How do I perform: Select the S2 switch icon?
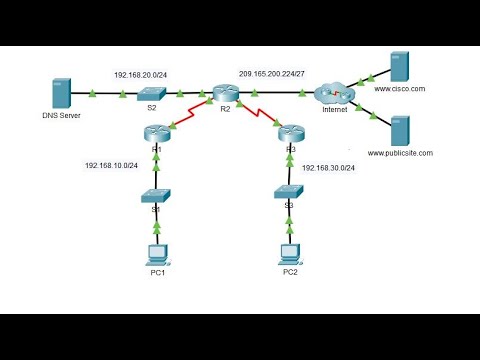pyautogui.click(x=153, y=96)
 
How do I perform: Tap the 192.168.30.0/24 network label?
pyautogui.click(x=329, y=167)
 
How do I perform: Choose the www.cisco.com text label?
pyautogui.click(x=400, y=89)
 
